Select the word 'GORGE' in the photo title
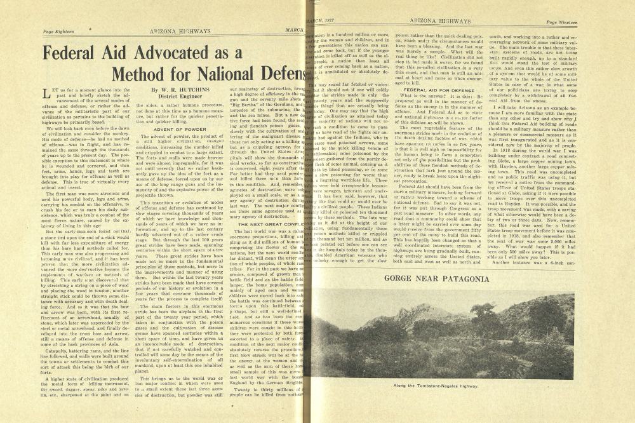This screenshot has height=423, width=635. coord(403,278)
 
